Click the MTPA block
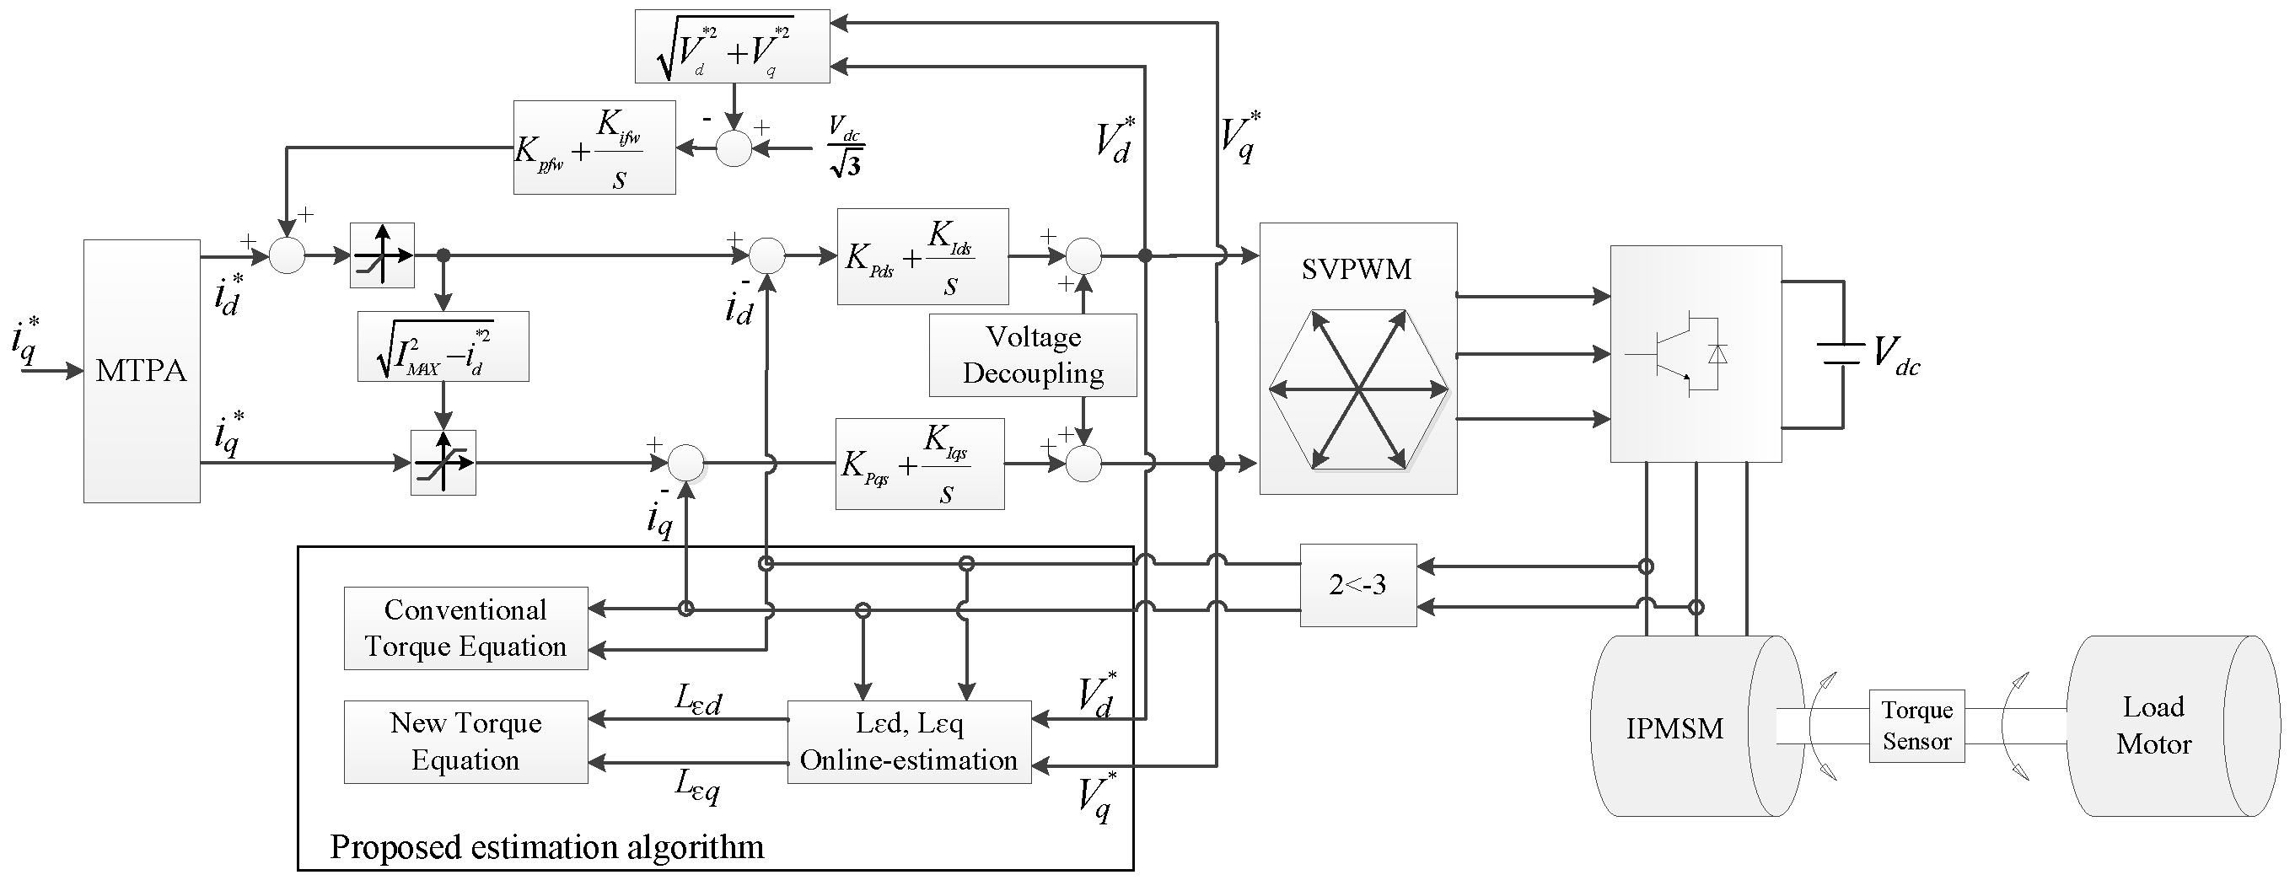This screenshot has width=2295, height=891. pyautogui.click(x=142, y=371)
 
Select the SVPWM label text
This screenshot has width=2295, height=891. pyautogui.click(x=1356, y=269)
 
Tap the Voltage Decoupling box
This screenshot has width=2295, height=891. pyautogui.click(x=1033, y=355)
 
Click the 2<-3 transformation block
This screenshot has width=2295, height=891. pyautogui.click(x=1357, y=585)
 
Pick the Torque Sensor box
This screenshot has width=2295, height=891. pyautogui.click(x=1916, y=725)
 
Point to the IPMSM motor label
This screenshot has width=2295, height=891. pyautogui.click(x=1674, y=729)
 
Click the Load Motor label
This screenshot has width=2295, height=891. pyautogui.click(x=2153, y=725)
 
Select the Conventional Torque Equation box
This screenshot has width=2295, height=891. pyautogui.click(x=465, y=628)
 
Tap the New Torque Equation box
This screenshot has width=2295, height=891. pyautogui.click(x=465, y=741)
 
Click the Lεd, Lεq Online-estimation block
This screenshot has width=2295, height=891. pyautogui.click(x=909, y=741)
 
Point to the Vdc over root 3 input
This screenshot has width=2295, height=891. pyautogui.click(x=845, y=147)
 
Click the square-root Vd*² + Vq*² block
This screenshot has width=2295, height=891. pyautogui.click(x=732, y=46)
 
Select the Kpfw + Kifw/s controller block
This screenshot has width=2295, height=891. pyautogui.click(x=594, y=148)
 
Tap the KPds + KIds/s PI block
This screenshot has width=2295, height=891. pyautogui.click(x=922, y=257)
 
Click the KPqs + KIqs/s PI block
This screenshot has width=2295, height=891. pyautogui.click(x=919, y=464)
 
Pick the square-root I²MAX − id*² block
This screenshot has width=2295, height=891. pyautogui.click(x=443, y=347)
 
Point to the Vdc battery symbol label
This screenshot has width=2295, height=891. pyautogui.click(x=1896, y=354)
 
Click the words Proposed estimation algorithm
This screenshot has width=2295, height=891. pyautogui.click(x=547, y=846)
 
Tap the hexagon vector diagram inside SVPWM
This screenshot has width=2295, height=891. pyautogui.click(x=1357, y=389)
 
